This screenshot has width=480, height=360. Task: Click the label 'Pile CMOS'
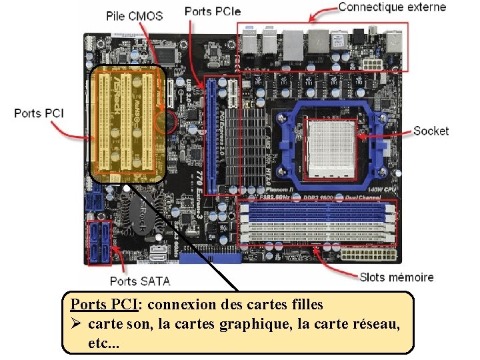coord(135,15)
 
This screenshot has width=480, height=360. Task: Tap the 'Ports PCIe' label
coord(213,11)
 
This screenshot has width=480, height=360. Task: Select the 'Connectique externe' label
coord(392,7)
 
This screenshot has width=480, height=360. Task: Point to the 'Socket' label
coord(431,131)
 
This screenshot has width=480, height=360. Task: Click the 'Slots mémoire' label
coord(396,277)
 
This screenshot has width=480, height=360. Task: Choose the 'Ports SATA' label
coord(140,281)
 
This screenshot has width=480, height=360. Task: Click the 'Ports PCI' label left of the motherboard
coord(39,113)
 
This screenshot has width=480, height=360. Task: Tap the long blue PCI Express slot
coord(211,133)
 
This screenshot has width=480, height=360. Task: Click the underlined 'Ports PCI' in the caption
coord(103,305)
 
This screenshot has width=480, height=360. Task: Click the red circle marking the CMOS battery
coord(165,121)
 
